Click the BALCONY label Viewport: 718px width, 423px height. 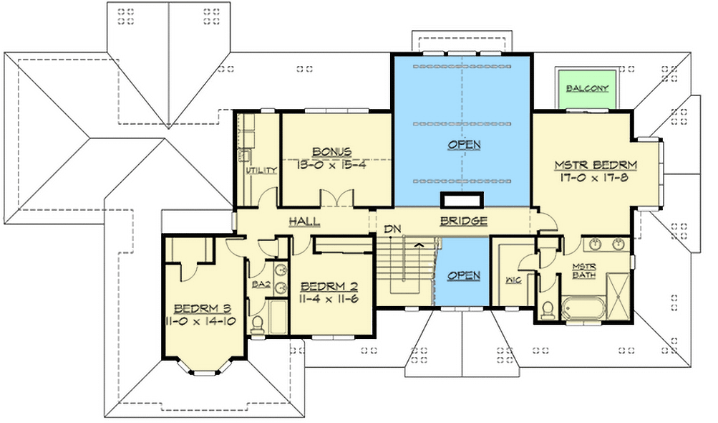click(587, 89)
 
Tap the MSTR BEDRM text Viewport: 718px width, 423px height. click(596, 165)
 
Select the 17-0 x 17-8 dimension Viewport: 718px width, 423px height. click(596, 178)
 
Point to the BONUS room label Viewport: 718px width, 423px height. click(331, 151)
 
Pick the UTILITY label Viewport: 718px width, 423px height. click(261, 171)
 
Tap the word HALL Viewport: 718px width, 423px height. click(304, 222)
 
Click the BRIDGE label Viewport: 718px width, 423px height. click(464, 221)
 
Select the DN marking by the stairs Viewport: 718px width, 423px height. click(392, 229)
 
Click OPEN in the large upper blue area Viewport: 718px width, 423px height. click(464, 145)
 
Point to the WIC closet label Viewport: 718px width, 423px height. click(513, 280)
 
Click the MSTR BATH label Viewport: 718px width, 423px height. click(583, 272)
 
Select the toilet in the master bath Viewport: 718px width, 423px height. click(548, 310)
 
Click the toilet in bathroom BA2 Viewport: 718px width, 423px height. click(258, 325)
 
